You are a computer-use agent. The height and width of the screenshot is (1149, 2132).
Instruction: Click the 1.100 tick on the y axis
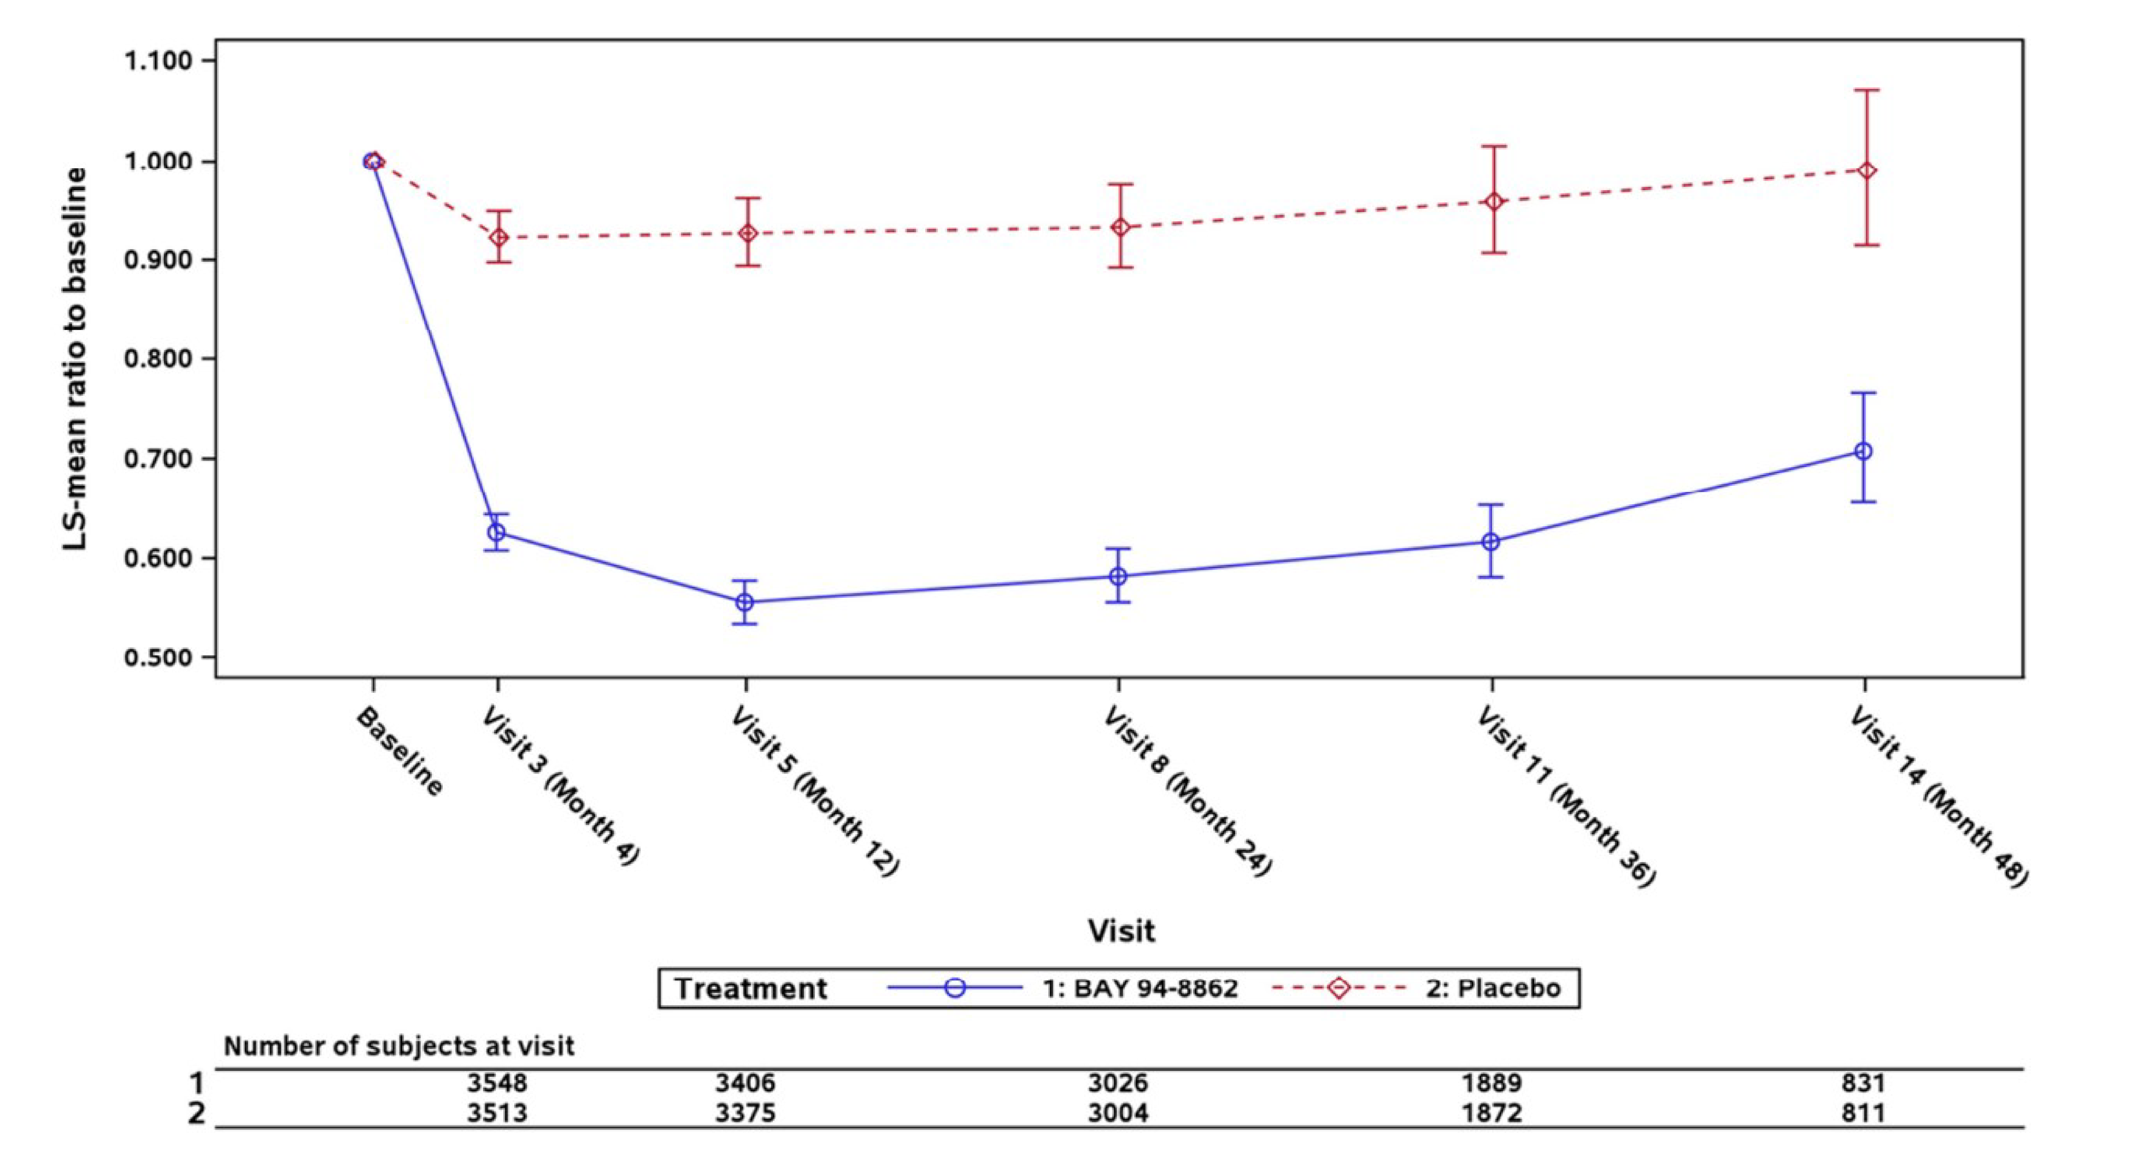[x=158, y=61]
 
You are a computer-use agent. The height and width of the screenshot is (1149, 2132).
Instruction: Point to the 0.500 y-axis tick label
[x=158, y=658]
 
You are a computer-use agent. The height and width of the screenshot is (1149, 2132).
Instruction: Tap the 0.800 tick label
[x=158, y=359]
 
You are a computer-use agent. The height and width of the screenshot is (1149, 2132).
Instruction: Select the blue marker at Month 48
[x=1863, y=452]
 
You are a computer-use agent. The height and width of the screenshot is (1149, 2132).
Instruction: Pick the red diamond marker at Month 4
[x=499, y=238]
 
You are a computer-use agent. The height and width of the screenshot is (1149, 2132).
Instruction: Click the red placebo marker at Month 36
[x=1494, y=202]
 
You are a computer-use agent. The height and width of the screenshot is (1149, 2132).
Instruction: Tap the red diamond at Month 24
[x=1120, y=227]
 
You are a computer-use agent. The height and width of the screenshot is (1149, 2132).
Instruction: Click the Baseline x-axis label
[x=400, y=752]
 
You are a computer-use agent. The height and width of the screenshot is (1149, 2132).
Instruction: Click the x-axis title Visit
[x=1120, y=930]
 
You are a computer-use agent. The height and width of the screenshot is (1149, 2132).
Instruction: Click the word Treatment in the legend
[x=750, y=988]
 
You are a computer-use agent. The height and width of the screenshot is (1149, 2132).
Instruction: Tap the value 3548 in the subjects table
[x=497, y=1083]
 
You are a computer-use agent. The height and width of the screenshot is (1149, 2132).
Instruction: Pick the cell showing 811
[x=1863, y=1112]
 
